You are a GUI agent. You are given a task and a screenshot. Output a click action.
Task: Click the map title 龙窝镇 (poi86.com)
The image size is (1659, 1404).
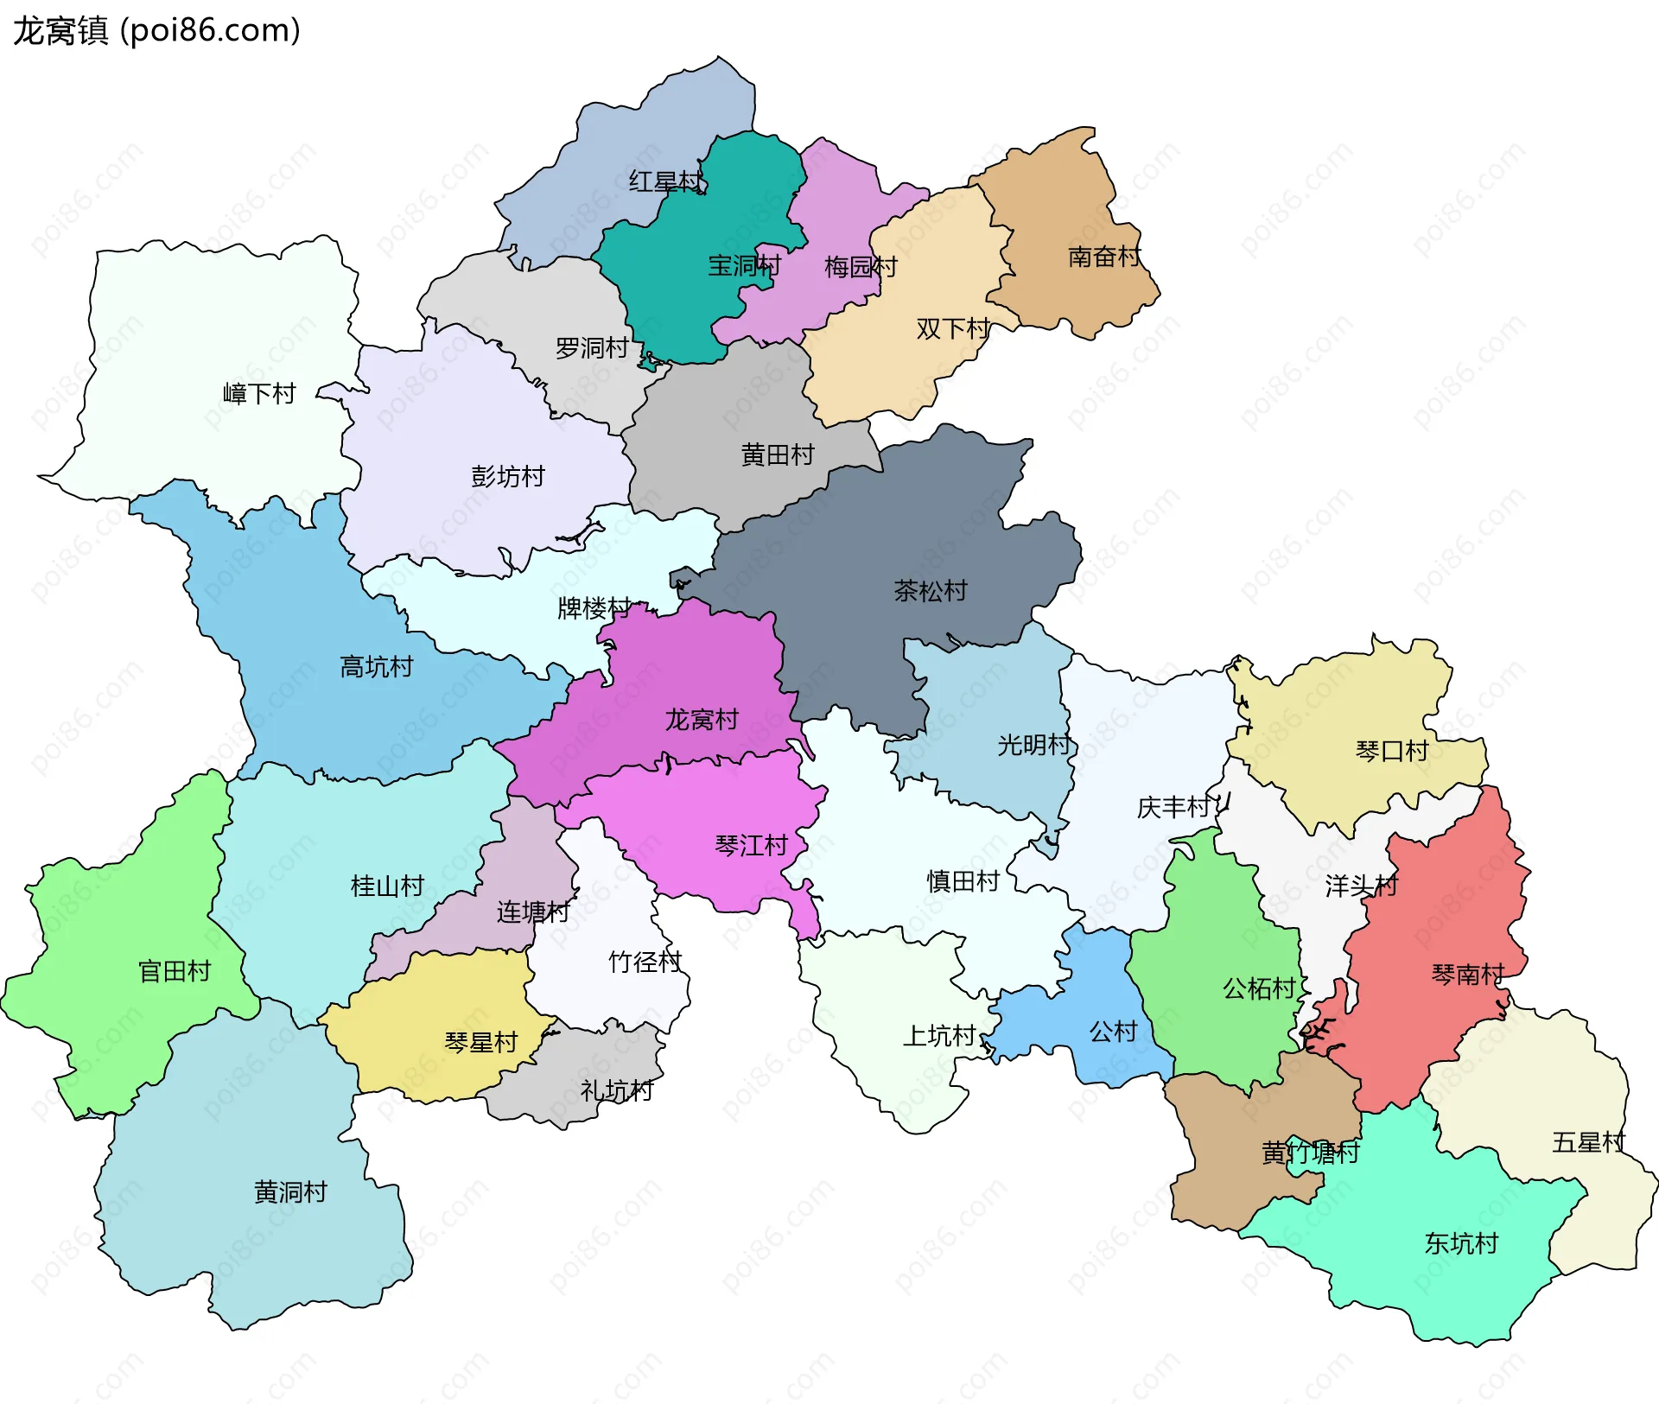(156, 30)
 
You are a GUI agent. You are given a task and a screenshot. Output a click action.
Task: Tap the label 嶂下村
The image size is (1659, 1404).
(259, 394)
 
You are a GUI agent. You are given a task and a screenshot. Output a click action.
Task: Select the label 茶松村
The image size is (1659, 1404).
(931, 591)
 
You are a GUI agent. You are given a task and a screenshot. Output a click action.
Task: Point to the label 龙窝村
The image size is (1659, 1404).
(702, 719)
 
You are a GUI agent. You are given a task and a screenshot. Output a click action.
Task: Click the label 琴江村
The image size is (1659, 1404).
(752, 845)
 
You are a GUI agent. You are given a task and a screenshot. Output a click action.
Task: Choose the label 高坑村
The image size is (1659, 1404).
(377, 666)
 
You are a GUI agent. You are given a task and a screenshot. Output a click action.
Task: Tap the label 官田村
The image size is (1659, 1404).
(175, 971)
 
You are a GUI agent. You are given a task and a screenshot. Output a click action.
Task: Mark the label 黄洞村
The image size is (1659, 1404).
(291, 1192)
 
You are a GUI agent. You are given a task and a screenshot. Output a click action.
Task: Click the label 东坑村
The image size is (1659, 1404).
(1461, 1243)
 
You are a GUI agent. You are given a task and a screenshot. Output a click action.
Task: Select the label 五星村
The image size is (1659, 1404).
(1588, 1142)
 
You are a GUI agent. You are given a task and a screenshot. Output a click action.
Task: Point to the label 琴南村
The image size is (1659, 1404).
(1468, 975)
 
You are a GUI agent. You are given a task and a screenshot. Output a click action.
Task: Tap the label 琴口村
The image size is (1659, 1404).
(1392, 751)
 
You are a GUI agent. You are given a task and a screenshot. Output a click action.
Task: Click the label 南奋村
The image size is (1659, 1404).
(1104, 257)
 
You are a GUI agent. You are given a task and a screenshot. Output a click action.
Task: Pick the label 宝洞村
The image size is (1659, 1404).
(744, 265)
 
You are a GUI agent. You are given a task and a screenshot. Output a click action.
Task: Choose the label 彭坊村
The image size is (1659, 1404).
(508, 476)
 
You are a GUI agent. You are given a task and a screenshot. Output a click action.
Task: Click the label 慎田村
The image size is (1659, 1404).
(963, 881)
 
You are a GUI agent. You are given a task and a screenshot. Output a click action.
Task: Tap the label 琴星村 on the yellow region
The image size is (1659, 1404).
(481, 1042)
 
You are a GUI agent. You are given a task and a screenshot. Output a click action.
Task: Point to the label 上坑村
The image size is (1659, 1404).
(939, 1035)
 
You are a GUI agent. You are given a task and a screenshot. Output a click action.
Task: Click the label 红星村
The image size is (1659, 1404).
(665, 181)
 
